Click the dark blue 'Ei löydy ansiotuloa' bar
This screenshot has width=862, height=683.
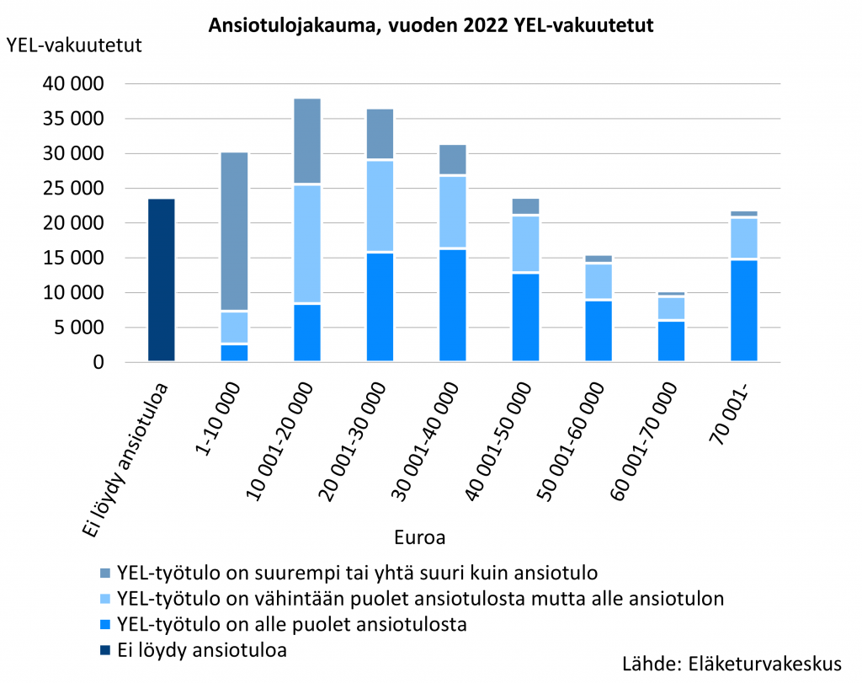tap(161, 280)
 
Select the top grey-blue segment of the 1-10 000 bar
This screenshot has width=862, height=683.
tap(234, 232)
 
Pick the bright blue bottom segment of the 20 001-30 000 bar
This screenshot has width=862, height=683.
tap(380, 307)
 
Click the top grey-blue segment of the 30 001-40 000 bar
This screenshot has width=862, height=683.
tap(453, 159)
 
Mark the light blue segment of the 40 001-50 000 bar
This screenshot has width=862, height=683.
tap(525, 243)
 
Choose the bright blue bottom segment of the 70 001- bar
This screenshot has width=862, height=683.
tap(744, 311)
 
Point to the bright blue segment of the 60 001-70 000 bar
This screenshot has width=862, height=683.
tap(671, 341)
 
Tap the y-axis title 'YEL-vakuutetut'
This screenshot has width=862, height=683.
tap(74, 45)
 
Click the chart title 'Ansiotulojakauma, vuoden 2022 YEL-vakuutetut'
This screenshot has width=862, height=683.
tap(431, 26)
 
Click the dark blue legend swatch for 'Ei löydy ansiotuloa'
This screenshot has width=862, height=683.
tap(105, 650)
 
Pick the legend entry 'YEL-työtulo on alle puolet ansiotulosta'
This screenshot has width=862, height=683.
tap(292, 625)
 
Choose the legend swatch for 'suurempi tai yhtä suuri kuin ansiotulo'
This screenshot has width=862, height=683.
tap(105, 574)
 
